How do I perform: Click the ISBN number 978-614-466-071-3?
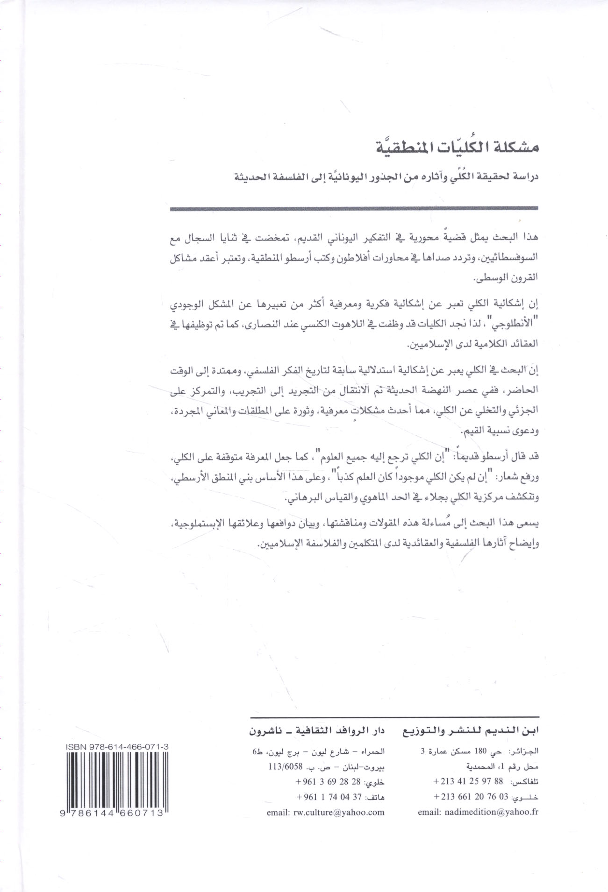tap(114, 748)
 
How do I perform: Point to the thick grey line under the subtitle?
tap(354, 209)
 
